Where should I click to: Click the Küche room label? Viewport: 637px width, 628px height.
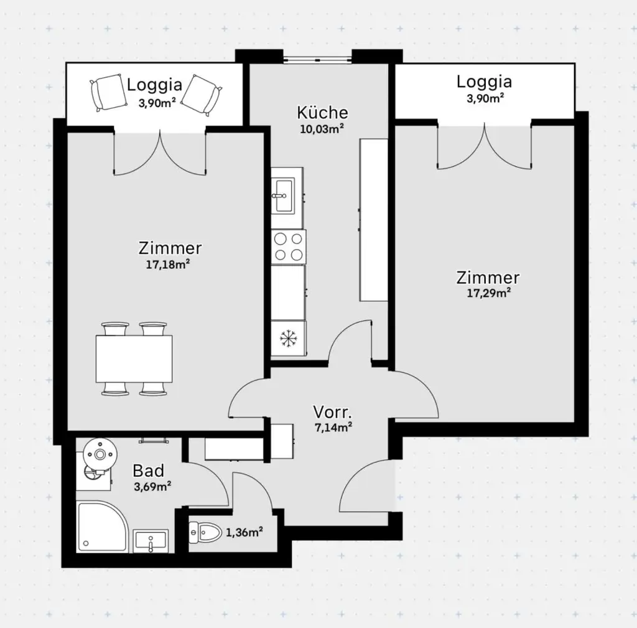click(x=322, y=113)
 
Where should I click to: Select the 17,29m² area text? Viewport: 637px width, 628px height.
click(x=488, y=293)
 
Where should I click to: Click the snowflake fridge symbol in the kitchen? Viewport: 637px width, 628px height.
click(x=289, y=339)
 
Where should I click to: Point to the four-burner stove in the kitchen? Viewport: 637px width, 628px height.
click(x=289, y=246)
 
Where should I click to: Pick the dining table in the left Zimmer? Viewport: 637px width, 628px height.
click(x=134, y=359)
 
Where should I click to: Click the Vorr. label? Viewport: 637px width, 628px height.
click(x=333, y=412)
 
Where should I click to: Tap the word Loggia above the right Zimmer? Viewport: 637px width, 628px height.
click(x=484, y=82)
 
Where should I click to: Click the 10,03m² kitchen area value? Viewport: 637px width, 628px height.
click(x=322, y=129)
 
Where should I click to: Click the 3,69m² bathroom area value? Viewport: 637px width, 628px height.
click(x=152, y=487)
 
